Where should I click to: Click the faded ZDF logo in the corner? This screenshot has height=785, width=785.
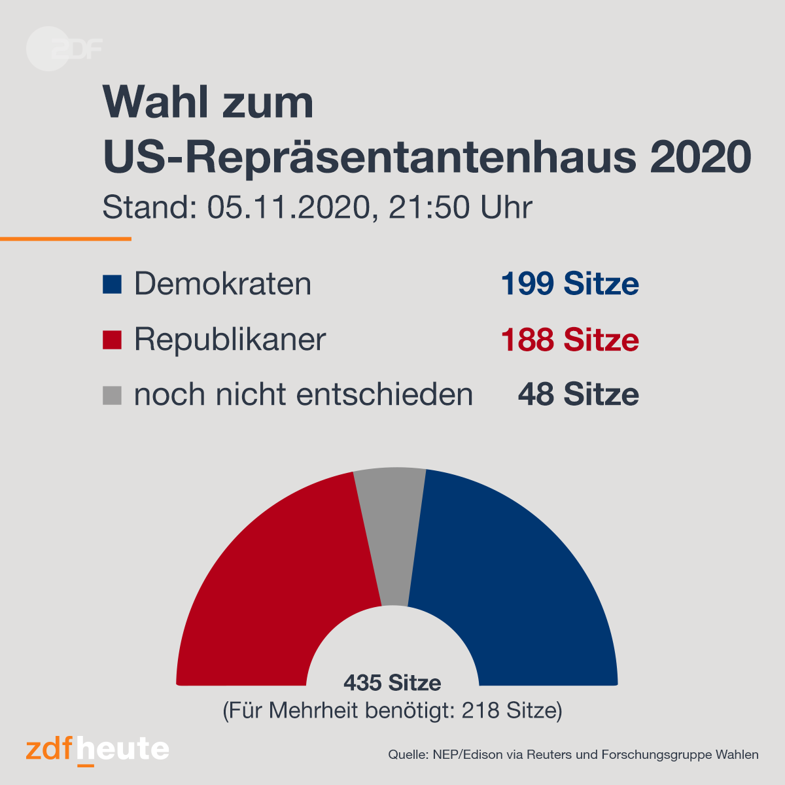[x=64, y=49]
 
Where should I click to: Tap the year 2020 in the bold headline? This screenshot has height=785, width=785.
[x=700, y=157]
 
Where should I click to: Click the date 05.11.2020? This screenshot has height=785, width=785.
[x=289, y=207]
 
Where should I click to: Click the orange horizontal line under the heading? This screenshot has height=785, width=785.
[x=65, y=239]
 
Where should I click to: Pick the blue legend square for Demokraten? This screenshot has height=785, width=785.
[x=112, y=285]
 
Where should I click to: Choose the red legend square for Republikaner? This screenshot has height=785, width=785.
[x=112, y=340]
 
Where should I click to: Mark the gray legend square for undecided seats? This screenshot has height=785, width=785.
[x=112, y=396]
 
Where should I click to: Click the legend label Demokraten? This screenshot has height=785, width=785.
[x=223, y=283]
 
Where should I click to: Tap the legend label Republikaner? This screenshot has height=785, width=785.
[x=230, y=340]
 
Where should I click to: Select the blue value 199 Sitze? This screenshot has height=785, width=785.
[x=570, y=283]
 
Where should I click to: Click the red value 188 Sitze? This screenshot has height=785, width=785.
[x=570, y=340]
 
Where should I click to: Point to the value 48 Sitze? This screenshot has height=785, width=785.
[x=578, y=394]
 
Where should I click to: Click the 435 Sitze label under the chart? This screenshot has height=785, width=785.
[x=392, y=683]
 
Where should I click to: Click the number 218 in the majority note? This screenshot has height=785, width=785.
[x=480, y=710]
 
